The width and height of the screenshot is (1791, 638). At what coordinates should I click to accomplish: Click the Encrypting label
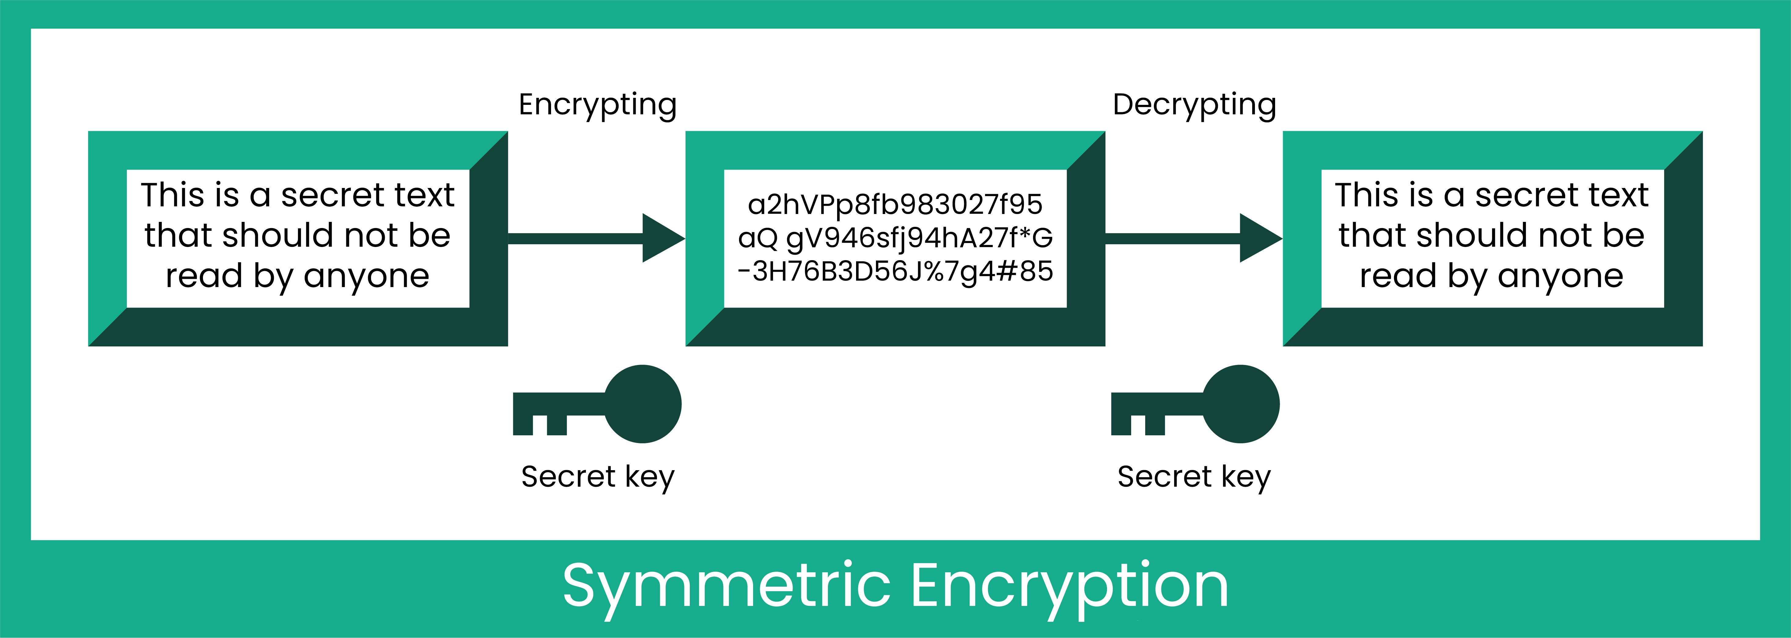coord(597,105)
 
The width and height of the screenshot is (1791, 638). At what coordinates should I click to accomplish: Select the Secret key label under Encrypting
coord(597,477)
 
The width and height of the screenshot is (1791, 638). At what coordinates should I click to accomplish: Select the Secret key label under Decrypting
coord(1194,477)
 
